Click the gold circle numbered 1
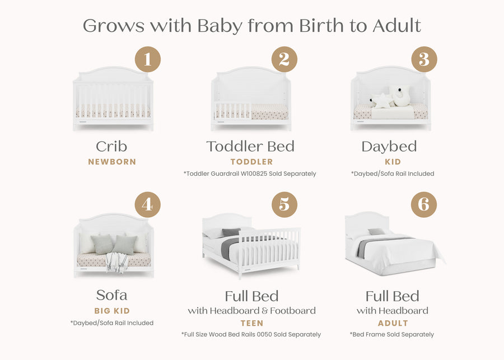coord(147,59)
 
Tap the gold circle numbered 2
coord(284,59)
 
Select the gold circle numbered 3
coord(424,59)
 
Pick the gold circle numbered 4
coord(147,205)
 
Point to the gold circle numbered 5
coord(284,205)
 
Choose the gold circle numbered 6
coord(424,205)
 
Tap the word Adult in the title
coord(397,26)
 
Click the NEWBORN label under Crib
coord(112,162)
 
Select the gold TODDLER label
coord(251,162)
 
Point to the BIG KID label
coord(112,311)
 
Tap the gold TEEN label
coord(252,323)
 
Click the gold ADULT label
coord(393,323)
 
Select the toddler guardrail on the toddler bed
coord(232,110)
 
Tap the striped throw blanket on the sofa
coord(116,262)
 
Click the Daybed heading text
coord(389,147)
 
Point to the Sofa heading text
coord(112,295)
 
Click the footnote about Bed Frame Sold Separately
coord(392,334)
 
